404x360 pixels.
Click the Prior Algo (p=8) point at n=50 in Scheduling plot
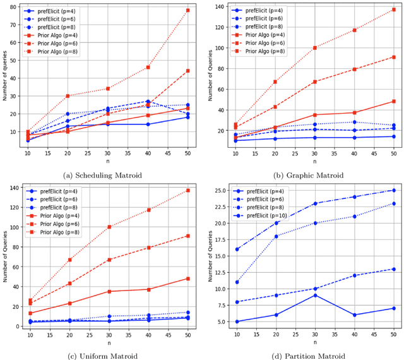point(187,10)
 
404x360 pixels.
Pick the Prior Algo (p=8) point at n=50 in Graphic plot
point(394,9)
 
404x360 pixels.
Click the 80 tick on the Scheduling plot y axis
point(14,7)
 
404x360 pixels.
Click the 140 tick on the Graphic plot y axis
point(218,6)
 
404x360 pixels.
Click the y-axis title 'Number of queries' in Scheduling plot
point(5,79)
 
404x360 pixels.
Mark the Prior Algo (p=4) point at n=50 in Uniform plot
point(187,279)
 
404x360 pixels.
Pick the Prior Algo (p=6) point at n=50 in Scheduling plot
point(187,71)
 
